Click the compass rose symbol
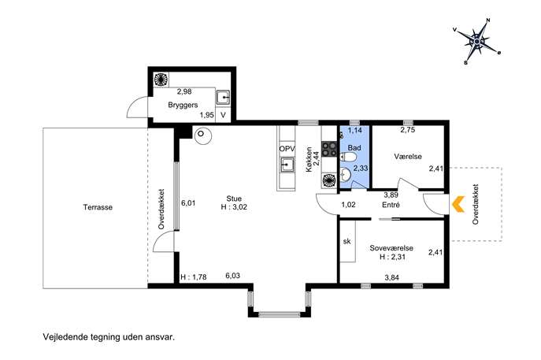pos(476,42)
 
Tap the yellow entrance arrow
pos(458,204)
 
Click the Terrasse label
pos(98,207)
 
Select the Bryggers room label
pos(183,105)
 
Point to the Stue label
pos(234,199)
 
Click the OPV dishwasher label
pos(287,149)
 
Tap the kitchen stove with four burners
pos(329,149)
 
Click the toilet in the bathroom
pos(348,158)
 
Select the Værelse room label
pos(408,156)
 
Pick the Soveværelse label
pos(391,248)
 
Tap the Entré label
pos(391,205)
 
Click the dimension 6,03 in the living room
pos(232,276)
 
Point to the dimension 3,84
pos(391,277)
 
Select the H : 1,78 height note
pos(194,276)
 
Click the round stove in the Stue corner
pos(203,135)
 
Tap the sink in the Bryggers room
pos(223,98)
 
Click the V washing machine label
pos(223,115)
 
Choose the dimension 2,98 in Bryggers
pos(184,91)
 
